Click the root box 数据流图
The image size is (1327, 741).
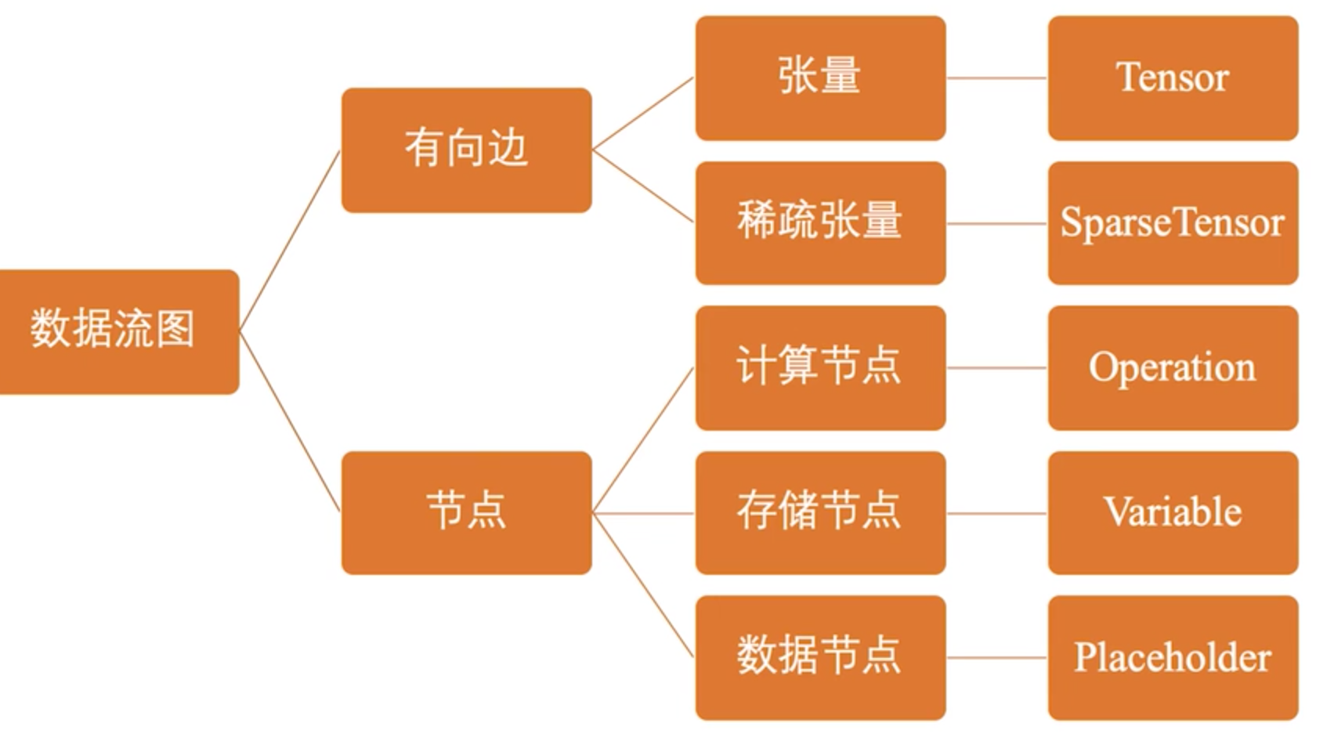point(118,331)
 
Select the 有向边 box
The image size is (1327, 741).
point(466,150)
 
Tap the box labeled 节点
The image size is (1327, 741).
point(466,512)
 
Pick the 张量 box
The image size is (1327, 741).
point(820,78)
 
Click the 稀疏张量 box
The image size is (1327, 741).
point(820,222)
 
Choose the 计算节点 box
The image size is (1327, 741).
point(820,367)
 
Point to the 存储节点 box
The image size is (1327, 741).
point(820,512)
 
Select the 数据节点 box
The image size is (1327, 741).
point(820,657)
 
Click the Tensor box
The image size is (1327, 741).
point(1173,78)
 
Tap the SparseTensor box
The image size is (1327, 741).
point(1173,222)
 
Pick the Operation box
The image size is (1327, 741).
point(1173,367)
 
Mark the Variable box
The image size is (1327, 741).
point(1173,512)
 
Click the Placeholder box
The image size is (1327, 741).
point(1173,657)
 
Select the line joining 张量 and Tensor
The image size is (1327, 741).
point(996,78)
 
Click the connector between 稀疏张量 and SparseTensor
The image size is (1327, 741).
point(996,223)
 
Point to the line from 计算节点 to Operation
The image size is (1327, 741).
point(996,368)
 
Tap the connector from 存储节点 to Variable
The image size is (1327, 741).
point(996,514)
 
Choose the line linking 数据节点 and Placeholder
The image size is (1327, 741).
point(996,658)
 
